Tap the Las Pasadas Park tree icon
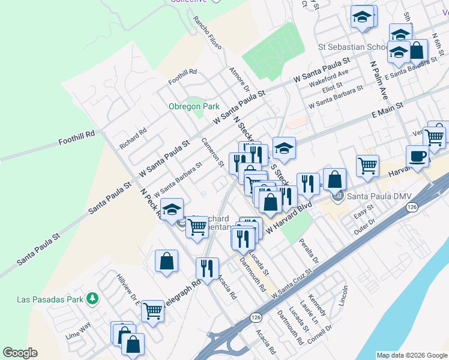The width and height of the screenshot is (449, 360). (x=92, y=298)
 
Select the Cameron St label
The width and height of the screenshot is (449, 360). (x=212, y=153)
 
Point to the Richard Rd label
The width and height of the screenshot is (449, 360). (x=133, y=138)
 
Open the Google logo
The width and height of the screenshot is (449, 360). (x=20, y=353)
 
